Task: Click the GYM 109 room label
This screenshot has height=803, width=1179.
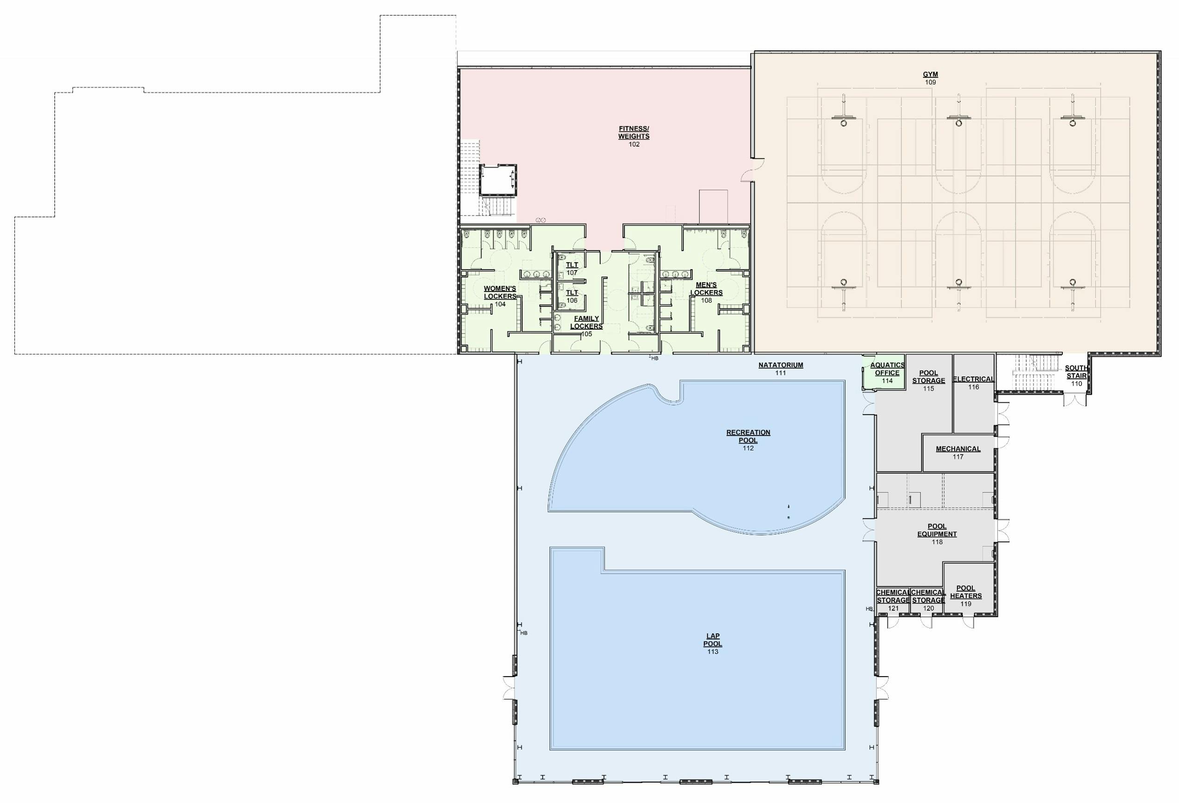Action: (930, 78)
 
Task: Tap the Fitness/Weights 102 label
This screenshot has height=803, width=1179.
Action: (634, 137)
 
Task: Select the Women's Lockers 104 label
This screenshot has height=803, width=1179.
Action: (500, 296)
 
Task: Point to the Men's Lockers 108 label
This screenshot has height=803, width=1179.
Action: (706, 293)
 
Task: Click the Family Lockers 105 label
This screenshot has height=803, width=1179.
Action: (586, 326)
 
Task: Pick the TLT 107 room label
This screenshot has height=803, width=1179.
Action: (572, 269)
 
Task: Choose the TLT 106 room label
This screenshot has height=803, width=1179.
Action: (572, 296)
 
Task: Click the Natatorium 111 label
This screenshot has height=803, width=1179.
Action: (781, 369)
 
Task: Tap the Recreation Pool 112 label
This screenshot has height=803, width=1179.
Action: (748, 440)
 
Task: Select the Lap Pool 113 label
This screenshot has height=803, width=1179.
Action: (713, 644)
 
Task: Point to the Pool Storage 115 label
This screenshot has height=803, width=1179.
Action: (928, 380)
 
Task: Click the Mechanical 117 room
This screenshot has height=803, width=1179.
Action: (958, 452)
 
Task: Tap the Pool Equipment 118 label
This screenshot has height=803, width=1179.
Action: (937, 534)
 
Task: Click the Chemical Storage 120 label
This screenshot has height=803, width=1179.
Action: (928, 600)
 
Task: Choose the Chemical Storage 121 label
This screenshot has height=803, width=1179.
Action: (893, 600)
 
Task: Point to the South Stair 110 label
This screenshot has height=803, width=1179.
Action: (1076, 376)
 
